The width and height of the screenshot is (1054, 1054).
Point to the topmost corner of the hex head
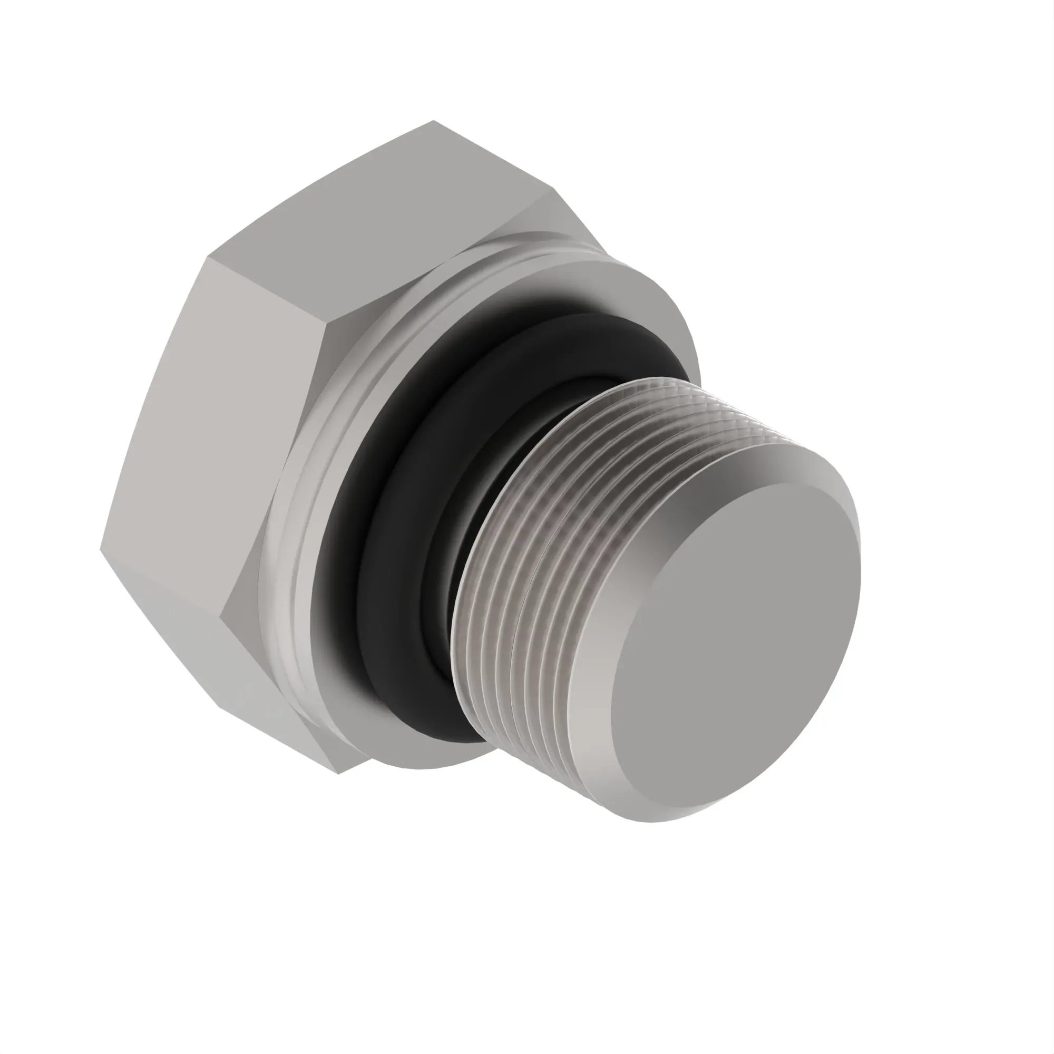coord(433,121)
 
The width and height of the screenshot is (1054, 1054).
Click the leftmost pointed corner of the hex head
coord(102,548)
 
